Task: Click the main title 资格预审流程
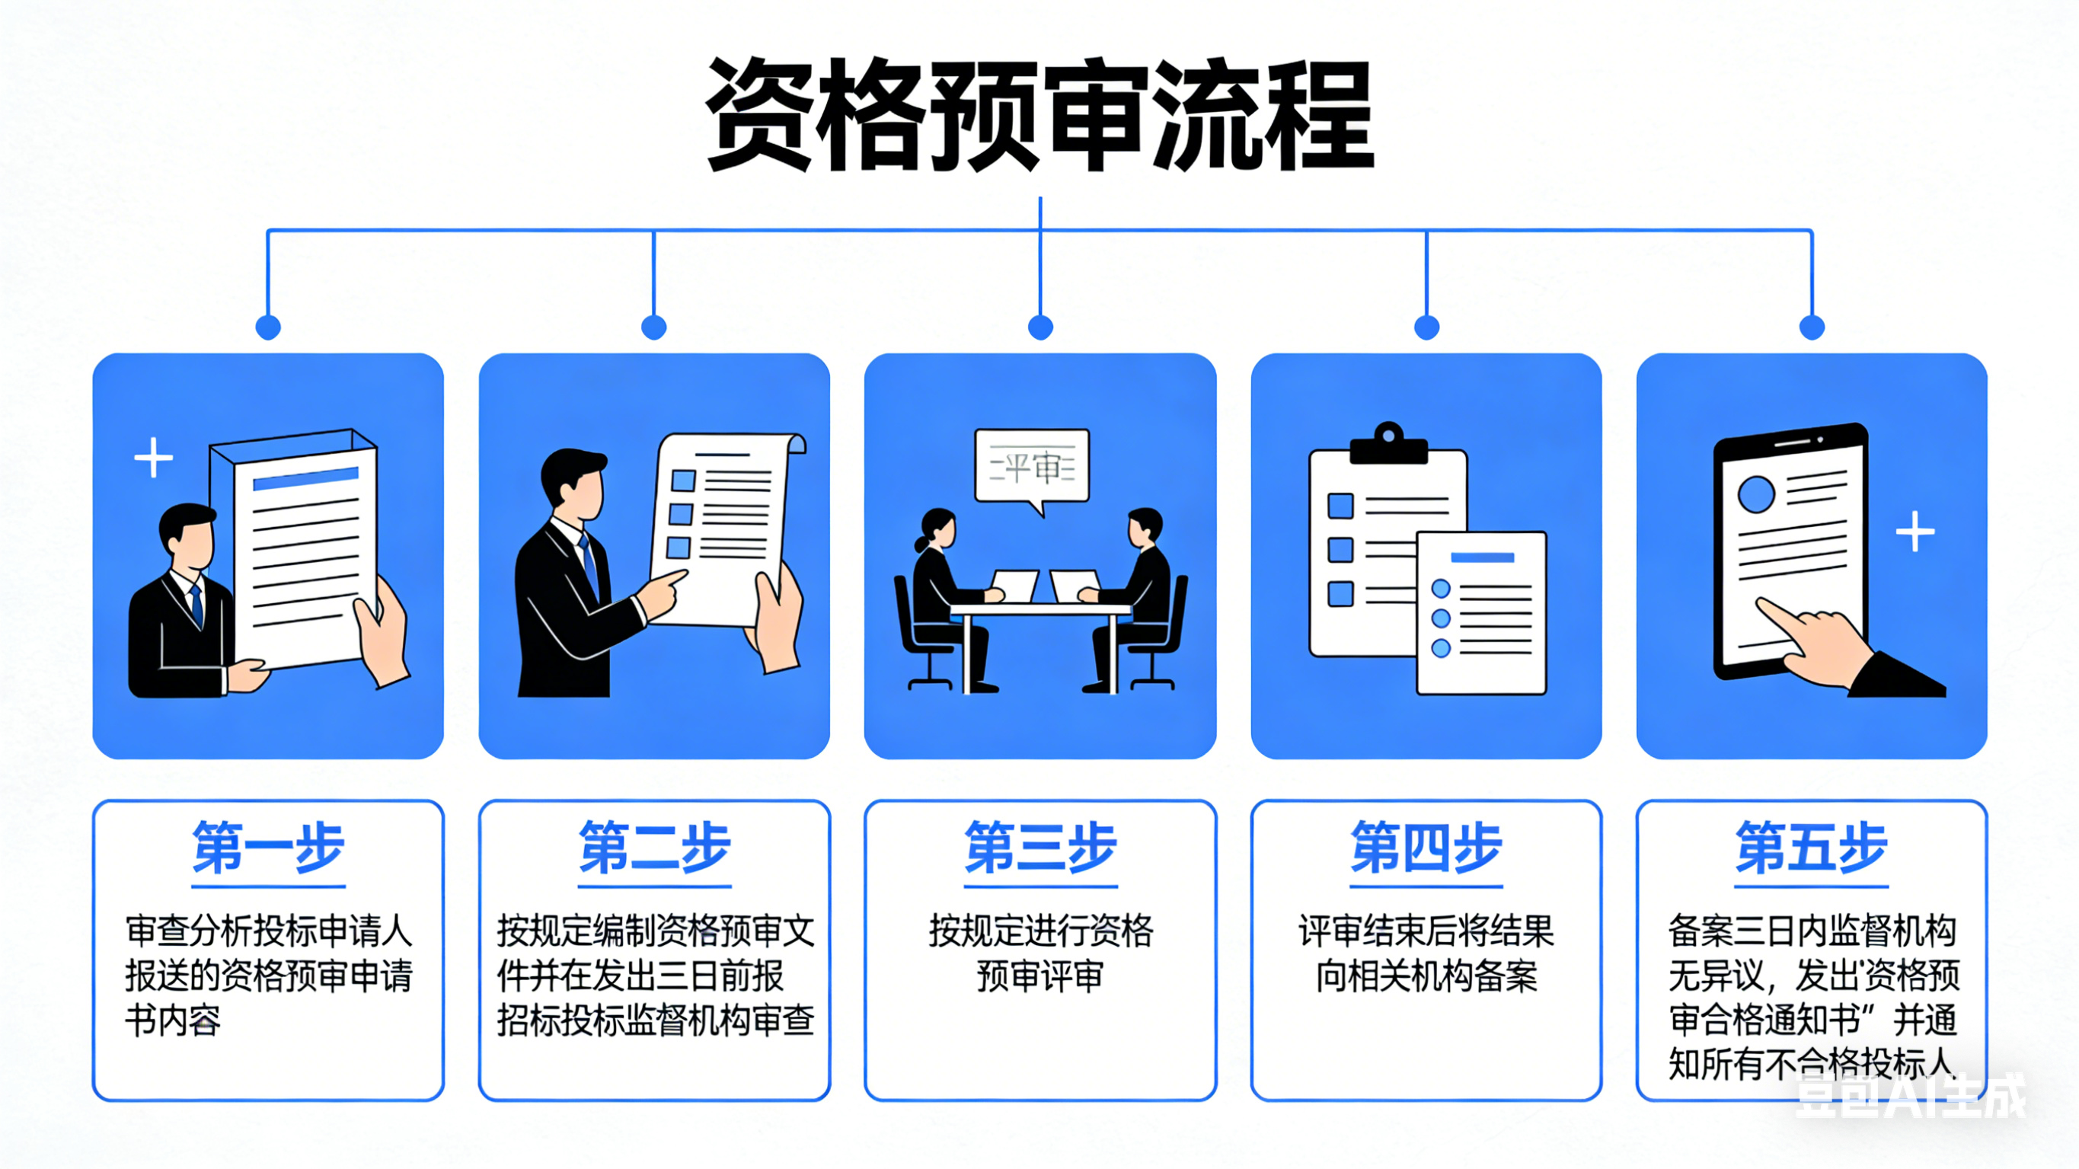click(x=1039, y=115)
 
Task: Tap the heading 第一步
click(x=268, y=848)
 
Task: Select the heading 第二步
click(x=654, y=848)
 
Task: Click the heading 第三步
click(x=1040, y=848)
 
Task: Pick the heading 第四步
click(x=1426, y=848)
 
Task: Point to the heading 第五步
click(x=1812, y=848)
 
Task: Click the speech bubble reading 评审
click(x=1031, y=468)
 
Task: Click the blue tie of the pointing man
click(x=590, y=566)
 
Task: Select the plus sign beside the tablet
click(x=1915, y=532)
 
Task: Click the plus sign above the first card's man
click(x=153, y=458)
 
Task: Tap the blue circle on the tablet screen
click(x=1756, y=494)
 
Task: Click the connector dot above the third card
click(x=1040, y=327)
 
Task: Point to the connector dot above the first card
click(x=268, y=327)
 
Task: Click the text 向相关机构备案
click(x=1426, y=977)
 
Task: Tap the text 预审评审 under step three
click(x=1040, y=977)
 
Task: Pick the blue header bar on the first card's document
click(x=305, y=479)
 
